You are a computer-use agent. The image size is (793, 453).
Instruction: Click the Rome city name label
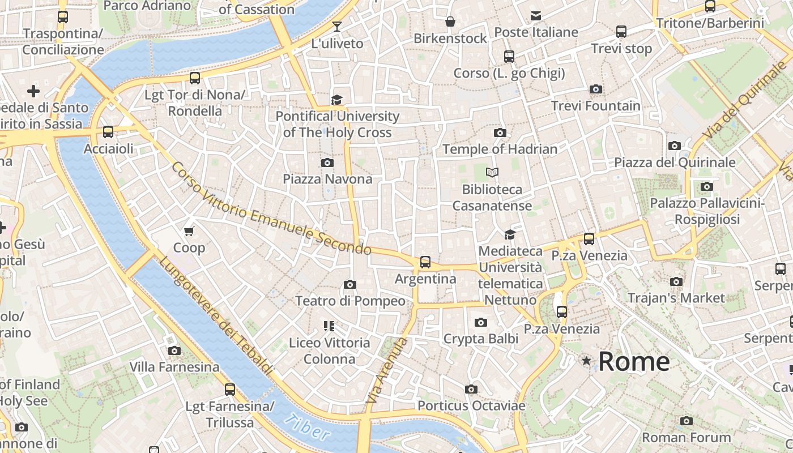[634, 361]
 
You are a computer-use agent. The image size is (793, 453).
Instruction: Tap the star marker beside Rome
[586, 361]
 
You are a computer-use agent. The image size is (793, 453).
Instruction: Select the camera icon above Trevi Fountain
[595, 89]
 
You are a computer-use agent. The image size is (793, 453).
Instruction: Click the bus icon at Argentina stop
[425, 262]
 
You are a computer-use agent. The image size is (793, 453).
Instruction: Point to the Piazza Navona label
[327, 179]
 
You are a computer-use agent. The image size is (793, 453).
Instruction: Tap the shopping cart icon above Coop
[189, 230]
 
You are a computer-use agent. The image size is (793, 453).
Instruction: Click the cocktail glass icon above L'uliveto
[337, 26]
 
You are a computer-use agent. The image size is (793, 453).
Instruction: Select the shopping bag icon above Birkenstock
[450, 22]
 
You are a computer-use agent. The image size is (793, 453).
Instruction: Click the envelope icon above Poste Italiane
[536, 15]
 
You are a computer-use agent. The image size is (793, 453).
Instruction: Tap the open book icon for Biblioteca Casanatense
[492, 172]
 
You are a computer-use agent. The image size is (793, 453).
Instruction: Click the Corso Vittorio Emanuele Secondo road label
[271, 208]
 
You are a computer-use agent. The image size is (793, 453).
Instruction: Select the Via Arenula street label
[387, 371]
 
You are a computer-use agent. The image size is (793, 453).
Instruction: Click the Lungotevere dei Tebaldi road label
[215, 316]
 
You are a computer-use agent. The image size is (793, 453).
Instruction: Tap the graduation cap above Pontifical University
[337, 100]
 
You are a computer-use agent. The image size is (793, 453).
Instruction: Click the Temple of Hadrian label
[500, 149]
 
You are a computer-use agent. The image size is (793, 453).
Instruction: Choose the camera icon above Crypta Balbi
[481, 322]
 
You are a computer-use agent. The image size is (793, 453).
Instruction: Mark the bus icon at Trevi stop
[621, 32]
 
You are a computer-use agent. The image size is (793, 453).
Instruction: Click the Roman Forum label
[686, 437]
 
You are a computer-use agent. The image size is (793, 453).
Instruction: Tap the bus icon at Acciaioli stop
[108, 132]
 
